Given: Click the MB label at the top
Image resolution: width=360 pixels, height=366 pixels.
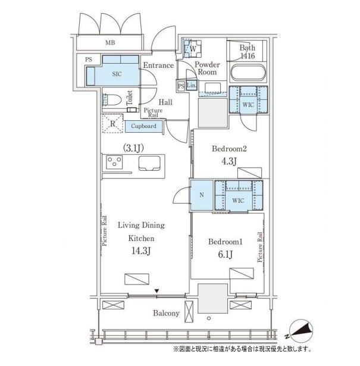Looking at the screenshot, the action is pyautogui.click(x=110, y=43).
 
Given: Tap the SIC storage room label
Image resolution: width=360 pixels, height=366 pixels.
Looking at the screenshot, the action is pyautogui.click(x=117, y=74).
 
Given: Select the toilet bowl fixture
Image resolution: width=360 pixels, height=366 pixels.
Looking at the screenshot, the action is pyautogui.click(x=112, y=100).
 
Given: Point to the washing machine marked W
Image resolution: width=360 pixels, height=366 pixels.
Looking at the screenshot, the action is pyautogui.click(x=193, y=49).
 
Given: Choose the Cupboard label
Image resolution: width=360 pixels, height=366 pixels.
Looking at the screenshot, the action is pyautogui.click(x=143, y=126).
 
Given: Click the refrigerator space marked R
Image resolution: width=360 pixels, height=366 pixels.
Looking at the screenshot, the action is pyautogui.click(x=112, y=123).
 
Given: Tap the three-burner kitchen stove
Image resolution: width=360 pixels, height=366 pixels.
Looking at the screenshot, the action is pyautogui.click(x=114, y=162).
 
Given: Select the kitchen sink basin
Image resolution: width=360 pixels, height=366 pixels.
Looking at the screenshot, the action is pyautogui.click(x=149, y=164).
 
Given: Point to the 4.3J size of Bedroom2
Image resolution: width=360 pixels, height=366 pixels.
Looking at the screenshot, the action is pyautogui.click(x=229, y=161).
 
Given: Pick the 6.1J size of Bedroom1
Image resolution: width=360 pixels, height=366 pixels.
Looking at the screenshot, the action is pyautogui.click(x=226, y=255).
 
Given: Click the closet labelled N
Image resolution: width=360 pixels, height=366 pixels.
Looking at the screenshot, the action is pyautogui.click(x=202, y=195).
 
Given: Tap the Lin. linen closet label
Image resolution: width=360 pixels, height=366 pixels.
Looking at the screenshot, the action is pyautogui.click(x=192, y=86).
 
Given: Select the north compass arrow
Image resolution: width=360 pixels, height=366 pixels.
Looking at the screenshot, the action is pyautogui.click(x=301, y=330).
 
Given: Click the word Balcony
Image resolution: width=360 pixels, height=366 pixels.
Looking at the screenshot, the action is pyautogui.click(x=166, y=313).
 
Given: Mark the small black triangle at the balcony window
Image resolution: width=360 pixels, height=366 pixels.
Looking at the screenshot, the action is pyautogui.click(x=156, y=291).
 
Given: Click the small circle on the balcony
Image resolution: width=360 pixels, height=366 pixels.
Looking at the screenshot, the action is pyautogui.click(x=209, y=318).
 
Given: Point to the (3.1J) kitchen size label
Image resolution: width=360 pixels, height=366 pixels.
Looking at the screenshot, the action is pyautogui.click(x=133, y=148).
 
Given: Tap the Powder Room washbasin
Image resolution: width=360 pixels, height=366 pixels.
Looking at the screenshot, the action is pyautogui.click(x=212, y=88).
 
